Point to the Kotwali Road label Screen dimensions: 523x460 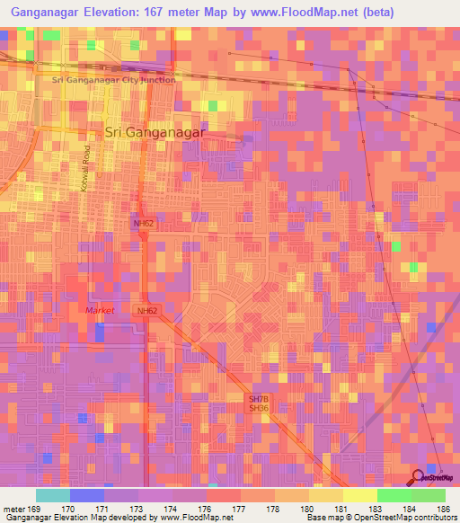[x=88, y=168]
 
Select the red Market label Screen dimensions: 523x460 [x=101, y=310]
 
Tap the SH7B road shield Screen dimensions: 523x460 [x=259, y=397]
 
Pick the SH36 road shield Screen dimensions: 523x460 [x=259, y=408]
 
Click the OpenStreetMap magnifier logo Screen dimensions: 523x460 [x=419, y=477]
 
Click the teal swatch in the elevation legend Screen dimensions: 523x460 [x=52, y=495]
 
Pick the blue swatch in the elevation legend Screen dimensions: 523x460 [x=87, y=495]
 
